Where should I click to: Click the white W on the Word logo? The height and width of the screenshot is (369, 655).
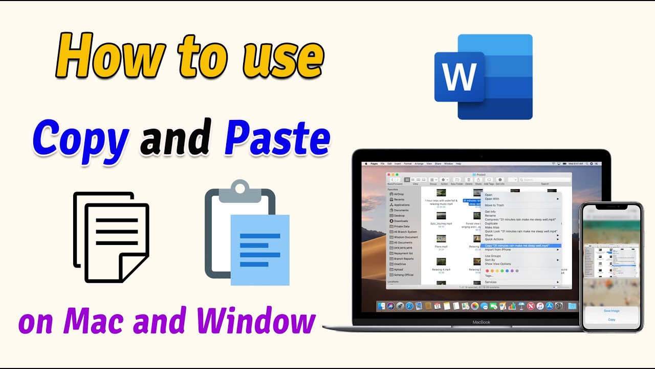click(459, 77)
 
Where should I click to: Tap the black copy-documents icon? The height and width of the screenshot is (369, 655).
click(112, 237)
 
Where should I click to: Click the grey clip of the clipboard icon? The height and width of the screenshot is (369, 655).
click(239, 188)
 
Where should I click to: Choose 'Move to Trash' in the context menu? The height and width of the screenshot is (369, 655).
click(494, 205)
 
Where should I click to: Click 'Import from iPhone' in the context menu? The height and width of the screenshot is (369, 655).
click(498, 250)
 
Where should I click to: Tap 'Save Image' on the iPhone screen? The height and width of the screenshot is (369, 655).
click(612, 311)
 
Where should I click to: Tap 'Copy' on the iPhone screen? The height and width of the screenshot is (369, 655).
click(612, 319)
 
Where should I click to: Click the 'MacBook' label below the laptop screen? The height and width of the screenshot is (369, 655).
click(481, 322)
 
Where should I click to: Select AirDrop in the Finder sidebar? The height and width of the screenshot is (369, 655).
click(399, 194)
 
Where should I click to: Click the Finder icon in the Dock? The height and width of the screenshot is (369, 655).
click(381, 306)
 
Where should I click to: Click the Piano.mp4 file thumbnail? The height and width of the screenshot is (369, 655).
click(441, 239)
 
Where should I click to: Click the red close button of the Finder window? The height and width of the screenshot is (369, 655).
click(389, 174)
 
